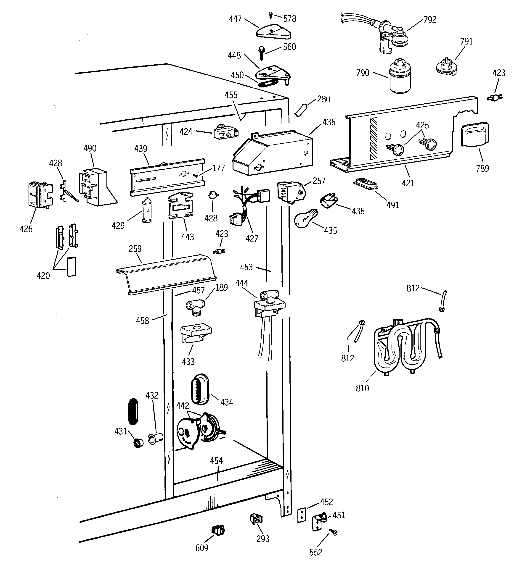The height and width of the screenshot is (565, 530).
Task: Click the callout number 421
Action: (408, 183)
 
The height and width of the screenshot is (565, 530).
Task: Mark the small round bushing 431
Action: (138, 443)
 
